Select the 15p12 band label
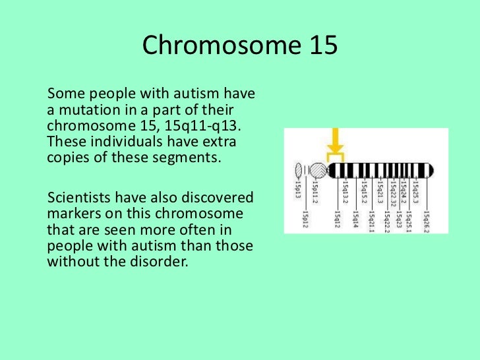coord(305,216)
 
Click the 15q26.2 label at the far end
coord(427,218)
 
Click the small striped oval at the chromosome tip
coord(299,171)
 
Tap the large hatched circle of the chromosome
coord(317,171)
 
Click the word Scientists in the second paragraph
coord(78,198)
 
